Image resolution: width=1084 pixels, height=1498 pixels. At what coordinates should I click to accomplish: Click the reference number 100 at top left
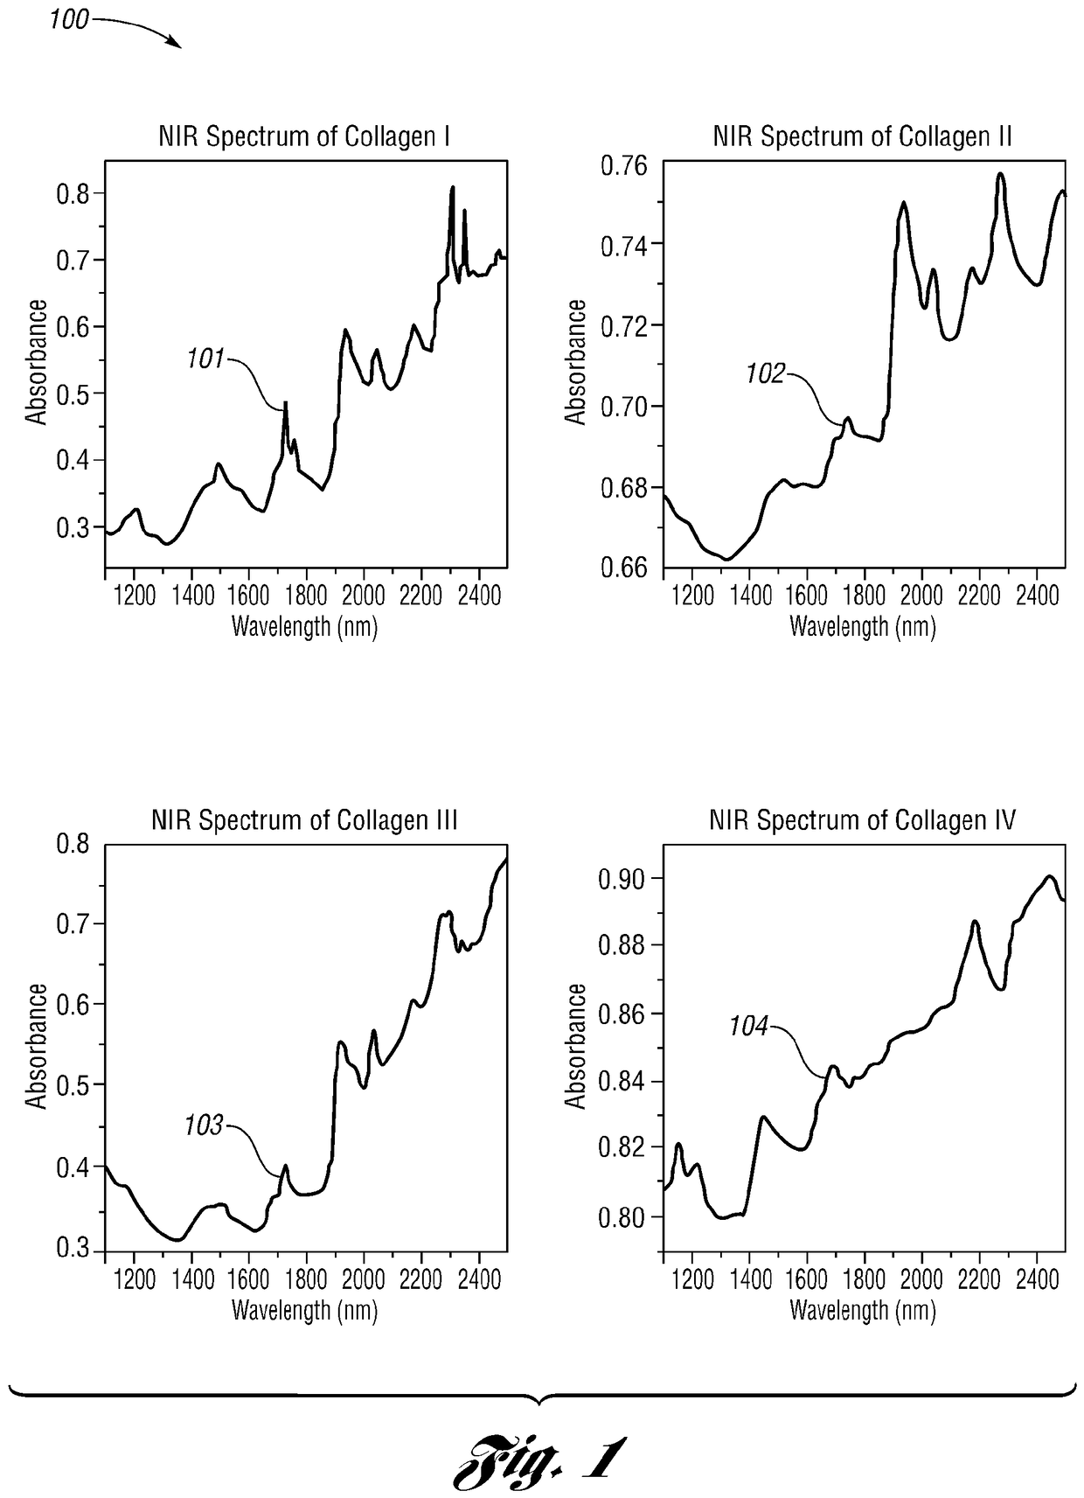[x=68, y=19]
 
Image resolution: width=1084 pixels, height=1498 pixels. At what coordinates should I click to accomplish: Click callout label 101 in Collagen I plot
[x=205, y=359]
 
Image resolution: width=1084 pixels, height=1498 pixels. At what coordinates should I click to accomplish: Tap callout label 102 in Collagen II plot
[x=765, y=374]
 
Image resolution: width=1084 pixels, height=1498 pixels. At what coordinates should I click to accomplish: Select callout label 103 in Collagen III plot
[x=203, y=1125]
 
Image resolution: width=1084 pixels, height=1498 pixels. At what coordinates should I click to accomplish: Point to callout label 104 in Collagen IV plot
[x=748, y=1026]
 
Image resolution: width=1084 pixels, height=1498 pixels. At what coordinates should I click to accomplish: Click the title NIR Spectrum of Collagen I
[x=303, y=137]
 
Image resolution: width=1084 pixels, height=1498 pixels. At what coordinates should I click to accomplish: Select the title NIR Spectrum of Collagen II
[x=862, y=137]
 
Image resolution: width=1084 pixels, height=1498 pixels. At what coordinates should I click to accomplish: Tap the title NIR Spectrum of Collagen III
[x=303, y=821]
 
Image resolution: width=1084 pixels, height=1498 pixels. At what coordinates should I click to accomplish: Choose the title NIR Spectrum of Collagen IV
[x=862, y=821]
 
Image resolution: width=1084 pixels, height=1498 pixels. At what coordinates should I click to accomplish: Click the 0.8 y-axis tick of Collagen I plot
[x=73, y=194]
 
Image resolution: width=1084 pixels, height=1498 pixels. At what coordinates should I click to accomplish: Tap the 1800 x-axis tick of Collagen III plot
[x=306, y=1279]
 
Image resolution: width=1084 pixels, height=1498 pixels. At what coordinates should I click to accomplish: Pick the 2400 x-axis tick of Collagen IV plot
[x=1037, y=1279]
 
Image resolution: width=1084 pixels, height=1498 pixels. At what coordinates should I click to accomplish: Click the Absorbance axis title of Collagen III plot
[x=37, y=1046]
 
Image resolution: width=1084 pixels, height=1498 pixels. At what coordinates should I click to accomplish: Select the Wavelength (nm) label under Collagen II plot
[x=862, y=626]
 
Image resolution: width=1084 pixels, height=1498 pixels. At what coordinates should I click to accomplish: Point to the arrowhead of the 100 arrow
[x=179, y=46]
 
